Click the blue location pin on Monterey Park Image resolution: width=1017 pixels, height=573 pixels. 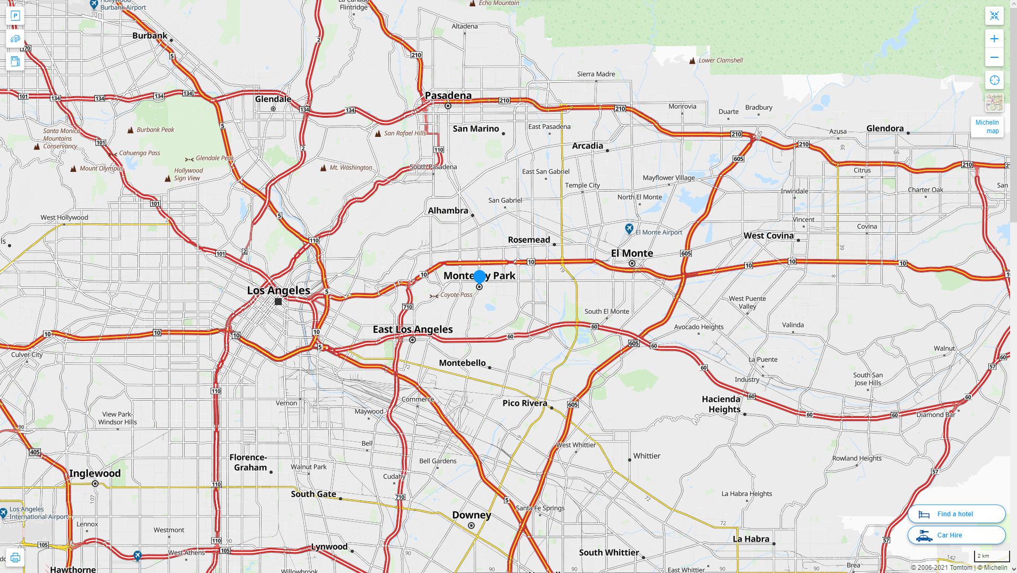click(480, 276)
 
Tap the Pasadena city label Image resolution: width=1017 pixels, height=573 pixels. click(448, 95)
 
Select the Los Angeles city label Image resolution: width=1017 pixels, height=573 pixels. click(279, 290)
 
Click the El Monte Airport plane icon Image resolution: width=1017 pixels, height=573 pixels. click(629, 229)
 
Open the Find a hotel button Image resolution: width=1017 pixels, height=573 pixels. click(956, 514)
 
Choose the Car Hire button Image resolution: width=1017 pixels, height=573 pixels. click(956, 535)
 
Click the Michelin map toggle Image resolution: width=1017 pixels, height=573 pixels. click(987, 127)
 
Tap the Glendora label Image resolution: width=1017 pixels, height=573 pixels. click(884, 128)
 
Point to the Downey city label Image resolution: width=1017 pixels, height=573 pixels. click(471, 515)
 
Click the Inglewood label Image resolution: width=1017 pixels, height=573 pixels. click(95, 473)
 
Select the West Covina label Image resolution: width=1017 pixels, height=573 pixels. click(768, 236)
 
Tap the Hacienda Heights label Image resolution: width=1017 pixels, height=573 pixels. click(721, 404)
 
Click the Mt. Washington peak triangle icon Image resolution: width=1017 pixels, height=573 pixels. click(323, 168)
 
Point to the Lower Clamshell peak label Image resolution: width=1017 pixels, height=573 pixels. click(720, 60)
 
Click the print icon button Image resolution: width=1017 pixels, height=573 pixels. click(15, 558)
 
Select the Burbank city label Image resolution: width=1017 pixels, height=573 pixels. click(150, 36)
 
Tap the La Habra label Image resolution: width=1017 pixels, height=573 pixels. click(751, 539)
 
